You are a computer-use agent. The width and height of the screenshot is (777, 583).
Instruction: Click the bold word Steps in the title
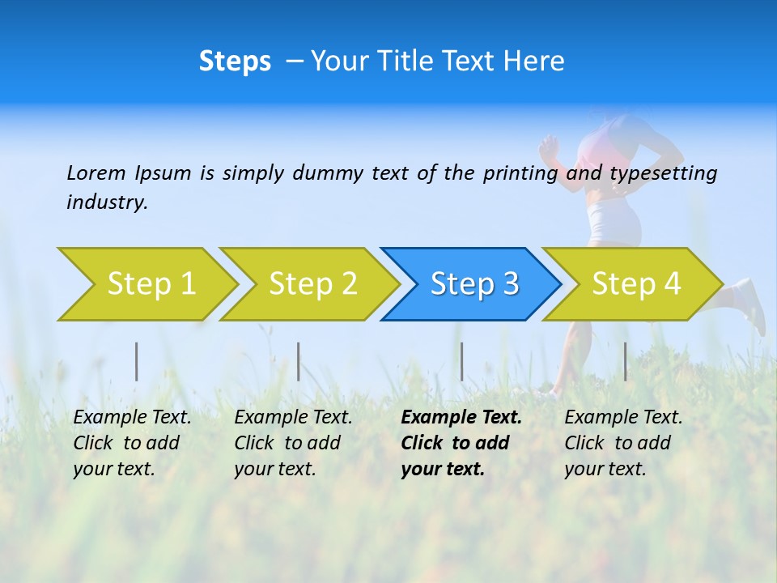(235, 62)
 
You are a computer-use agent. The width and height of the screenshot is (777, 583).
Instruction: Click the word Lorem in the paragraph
(96, 172)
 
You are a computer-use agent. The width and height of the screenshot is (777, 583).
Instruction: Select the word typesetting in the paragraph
(663, 172)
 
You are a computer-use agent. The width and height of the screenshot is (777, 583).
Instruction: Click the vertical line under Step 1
(137, 361)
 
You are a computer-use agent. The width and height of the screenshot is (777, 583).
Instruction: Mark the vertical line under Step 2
(299, 361)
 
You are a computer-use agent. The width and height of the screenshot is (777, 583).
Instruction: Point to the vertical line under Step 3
(462, 361)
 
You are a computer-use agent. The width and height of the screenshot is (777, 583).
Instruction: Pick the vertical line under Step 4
(625, 361)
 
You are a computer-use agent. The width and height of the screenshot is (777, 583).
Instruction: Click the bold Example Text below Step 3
(461, 418)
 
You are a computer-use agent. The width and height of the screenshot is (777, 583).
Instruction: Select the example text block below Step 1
(131, 443)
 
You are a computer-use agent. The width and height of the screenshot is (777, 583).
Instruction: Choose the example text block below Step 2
(292, 443)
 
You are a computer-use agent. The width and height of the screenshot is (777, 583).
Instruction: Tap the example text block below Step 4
(622, 443)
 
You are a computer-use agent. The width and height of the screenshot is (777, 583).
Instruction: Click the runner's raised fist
(550, 147)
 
